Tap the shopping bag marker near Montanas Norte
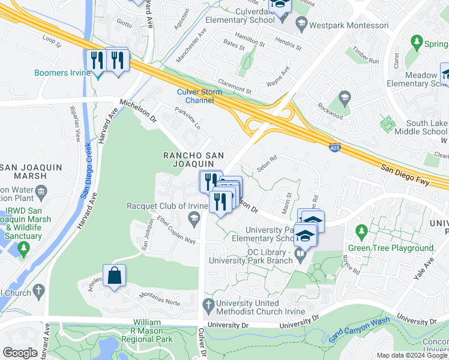tap(114, 276)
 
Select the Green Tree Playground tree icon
tap(361, 231)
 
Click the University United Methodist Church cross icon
tap(208, 304)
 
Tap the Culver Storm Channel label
tap(199, 96)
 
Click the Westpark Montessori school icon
tap(301, 25)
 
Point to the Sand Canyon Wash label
tap(352, 335)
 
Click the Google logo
tap(20, 353)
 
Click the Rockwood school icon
tap(345, 97)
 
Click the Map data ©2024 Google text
tap(412, 355)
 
